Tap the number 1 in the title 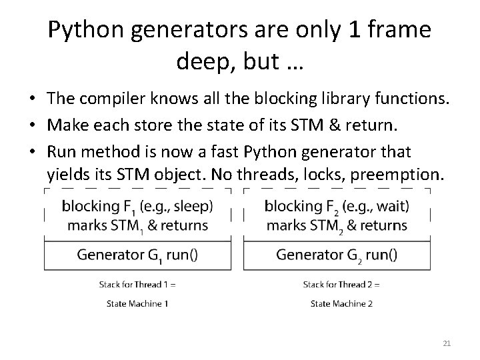(358, 30)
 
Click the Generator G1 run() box (137, 254)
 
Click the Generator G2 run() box (337, 254)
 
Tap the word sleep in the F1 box (193, 207)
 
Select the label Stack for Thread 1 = (137, 285)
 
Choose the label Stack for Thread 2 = (341, 285)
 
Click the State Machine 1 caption (137, 303)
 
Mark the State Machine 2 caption (341, 303)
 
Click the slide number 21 (447, 343)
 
